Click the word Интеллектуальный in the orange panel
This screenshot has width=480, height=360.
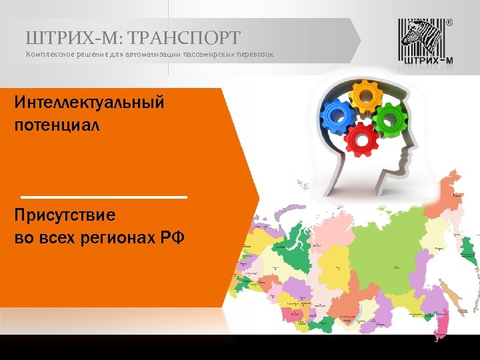click(89, 103)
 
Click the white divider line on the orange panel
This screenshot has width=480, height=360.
click(105, 197)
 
